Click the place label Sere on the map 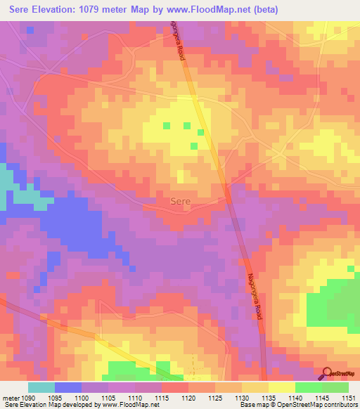pos(181,201)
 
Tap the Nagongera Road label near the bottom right pos(255,296)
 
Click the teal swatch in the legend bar pos(41,387)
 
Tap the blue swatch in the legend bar pos(68,387)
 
